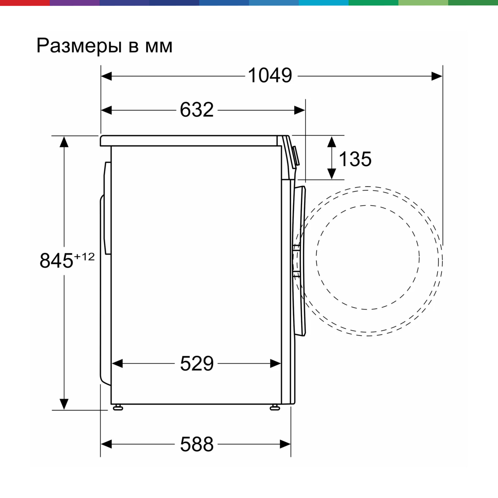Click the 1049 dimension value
tap(270, 75)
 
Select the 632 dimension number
tap(197, 110)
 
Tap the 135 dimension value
tap(355, 159)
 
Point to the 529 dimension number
tap(197, 364)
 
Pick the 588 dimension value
tap(197, 444)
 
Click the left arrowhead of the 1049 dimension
tap(107, 76)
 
